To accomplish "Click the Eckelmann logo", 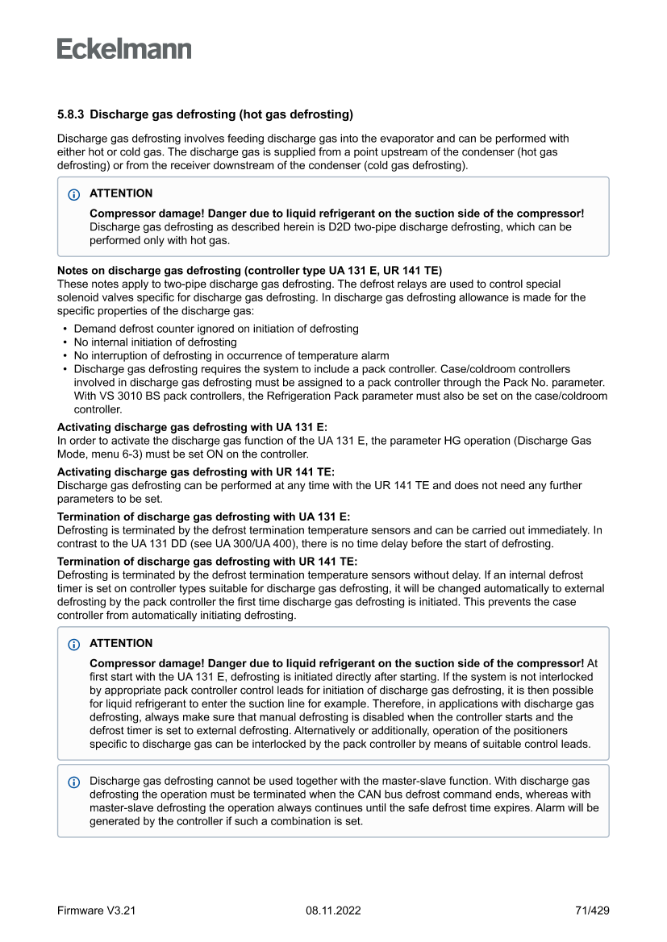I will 124,49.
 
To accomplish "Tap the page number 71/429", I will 592,911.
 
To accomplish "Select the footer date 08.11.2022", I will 333,911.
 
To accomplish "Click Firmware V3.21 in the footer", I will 96,911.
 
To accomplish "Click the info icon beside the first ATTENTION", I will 74,194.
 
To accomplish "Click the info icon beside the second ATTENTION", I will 74,644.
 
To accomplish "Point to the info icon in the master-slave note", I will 74,782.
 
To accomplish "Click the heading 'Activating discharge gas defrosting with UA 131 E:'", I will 192,427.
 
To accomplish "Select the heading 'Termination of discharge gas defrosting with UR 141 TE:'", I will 206,562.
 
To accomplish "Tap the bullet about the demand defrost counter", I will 216,329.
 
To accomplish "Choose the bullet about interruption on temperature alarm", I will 231,355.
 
